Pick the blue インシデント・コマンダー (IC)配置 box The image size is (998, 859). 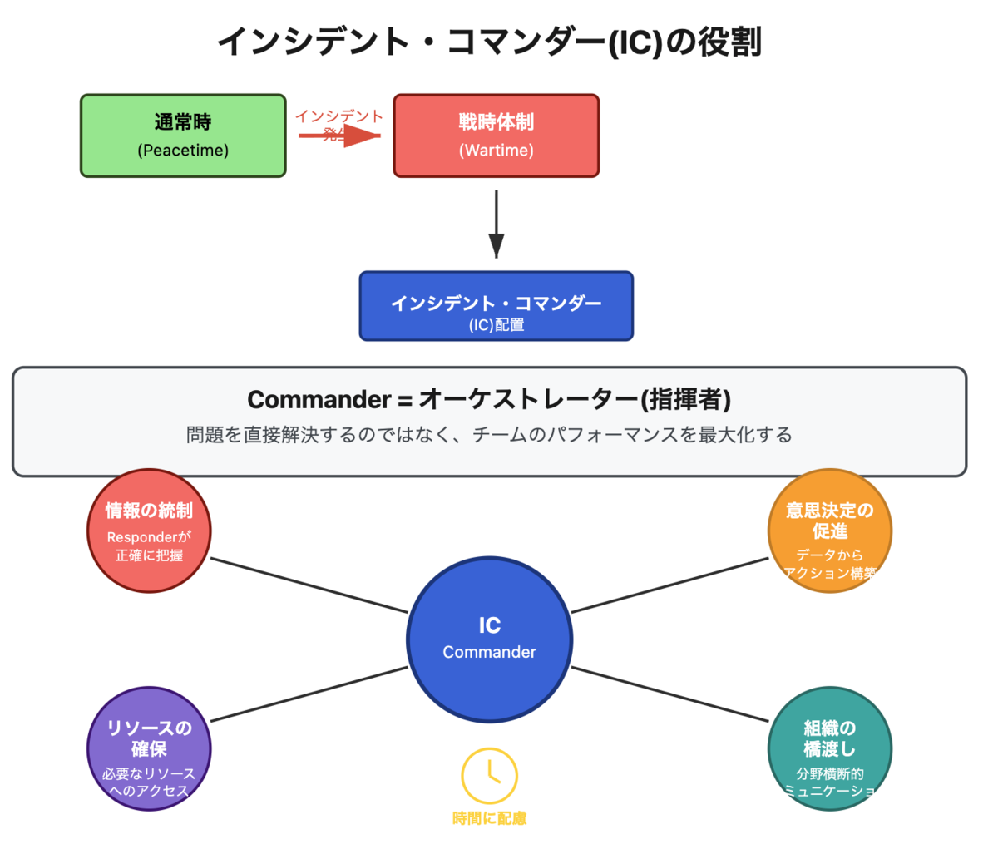(x=496, y=306)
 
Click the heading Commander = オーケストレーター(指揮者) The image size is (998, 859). (x=489, y=399)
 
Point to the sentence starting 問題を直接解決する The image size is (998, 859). (x=489, y=435)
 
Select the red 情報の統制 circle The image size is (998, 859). (x=149, y=531)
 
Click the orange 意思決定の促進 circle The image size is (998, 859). (x=829, y=531)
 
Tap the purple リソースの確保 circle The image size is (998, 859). (x=149, y=748)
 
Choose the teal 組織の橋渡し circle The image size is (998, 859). (x=829, y=748)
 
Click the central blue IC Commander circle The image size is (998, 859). (x=489, y=639)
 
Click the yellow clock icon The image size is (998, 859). (x=489, y=776)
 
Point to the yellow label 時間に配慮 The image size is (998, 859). (x=489, y=819)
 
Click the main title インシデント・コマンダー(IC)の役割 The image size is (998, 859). (x=489, y=42)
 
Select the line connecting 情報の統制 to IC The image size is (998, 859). (x=309, y=585)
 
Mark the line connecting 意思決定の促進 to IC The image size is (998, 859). (x=670, y=585)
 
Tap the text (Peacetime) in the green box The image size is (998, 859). (x=183, y=151)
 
